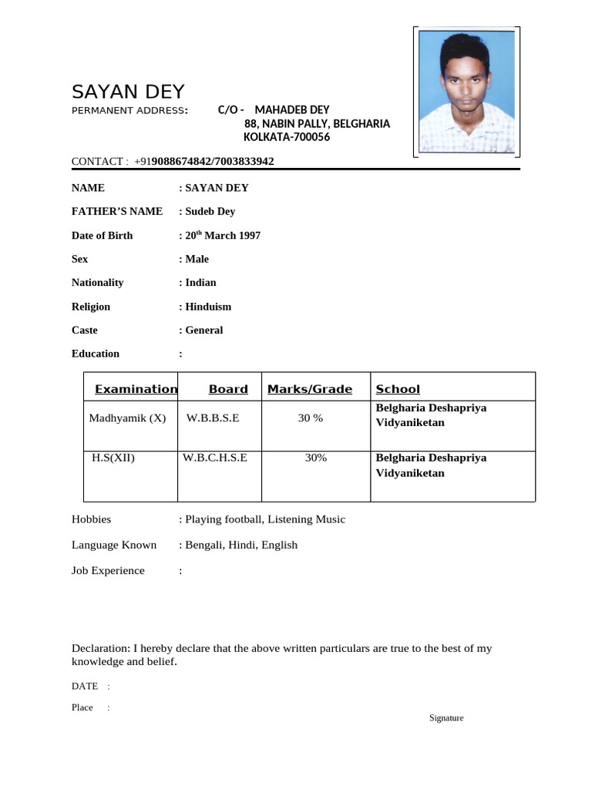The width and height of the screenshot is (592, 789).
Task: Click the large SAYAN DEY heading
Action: tap(128, 92)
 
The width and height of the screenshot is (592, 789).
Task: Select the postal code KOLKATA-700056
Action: tap(287, 137)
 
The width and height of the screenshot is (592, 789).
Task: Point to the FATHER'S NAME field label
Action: tap(117, 211)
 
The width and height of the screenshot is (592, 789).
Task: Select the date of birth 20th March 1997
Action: tap(220, 235)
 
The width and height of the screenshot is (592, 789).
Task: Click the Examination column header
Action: tap(136, 389)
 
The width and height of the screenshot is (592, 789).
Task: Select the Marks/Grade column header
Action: tap(309, 389)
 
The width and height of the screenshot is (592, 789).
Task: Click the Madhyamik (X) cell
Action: tap(127, 418)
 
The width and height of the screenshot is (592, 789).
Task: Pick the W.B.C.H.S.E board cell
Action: tap(215, 458)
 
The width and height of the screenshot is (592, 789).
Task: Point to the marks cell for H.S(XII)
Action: tap(315, 458)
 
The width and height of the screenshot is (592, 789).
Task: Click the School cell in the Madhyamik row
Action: tap(431, 415)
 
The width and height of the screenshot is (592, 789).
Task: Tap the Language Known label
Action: tap(114, 545)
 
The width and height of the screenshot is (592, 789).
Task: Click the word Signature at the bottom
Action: tap(446, 718)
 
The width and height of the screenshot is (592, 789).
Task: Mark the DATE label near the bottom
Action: tap(85, 686)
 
